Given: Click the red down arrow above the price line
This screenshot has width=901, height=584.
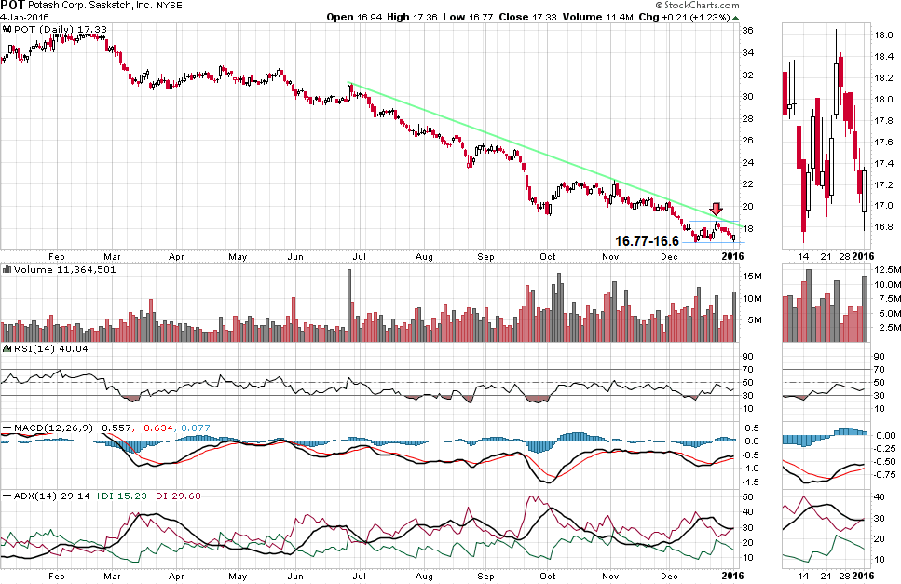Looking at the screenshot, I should [x=716, y=211].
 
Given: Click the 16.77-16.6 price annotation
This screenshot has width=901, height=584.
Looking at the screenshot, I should [x=647, y=240].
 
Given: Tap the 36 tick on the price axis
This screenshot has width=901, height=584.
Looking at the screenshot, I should [x=746, y=31].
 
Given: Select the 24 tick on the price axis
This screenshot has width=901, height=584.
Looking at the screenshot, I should [x=746, y=163].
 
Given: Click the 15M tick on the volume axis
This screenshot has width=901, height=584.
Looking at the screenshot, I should [x=750, y=276].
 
